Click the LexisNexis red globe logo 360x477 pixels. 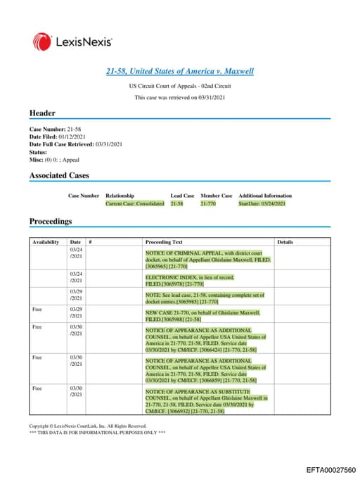(41, 42)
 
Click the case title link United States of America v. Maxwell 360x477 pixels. (179, 72)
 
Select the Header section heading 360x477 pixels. (42, 113)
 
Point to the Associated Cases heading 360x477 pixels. (59, 175)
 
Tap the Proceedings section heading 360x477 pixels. (51, 221)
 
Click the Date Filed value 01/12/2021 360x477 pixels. (69, 136)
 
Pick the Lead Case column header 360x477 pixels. (182, 196)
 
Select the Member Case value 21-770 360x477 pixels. (207, 203)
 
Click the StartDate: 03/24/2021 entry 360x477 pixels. (262, 203)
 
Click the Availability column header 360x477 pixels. (46, 242)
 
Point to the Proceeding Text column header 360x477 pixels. (164, 242)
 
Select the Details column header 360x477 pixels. (285, 242)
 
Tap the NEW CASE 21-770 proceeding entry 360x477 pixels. (202, 315)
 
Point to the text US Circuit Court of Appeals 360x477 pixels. (179, 85)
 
